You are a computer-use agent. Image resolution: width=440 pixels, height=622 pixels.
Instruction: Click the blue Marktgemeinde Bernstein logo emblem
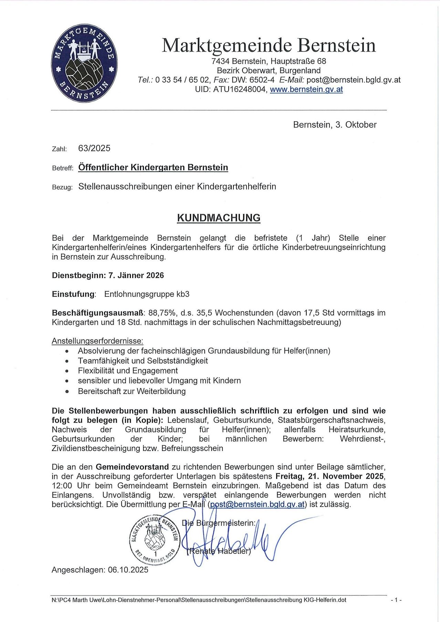84,63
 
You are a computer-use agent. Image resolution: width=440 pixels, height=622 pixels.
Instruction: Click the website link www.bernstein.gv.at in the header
306,89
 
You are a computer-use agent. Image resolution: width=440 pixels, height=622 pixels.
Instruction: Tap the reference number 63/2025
94,148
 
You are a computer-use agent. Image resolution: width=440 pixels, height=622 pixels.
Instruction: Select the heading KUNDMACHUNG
219,218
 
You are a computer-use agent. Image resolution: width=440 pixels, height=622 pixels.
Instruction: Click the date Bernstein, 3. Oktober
335,125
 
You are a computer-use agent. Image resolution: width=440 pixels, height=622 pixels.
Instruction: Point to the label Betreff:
62,168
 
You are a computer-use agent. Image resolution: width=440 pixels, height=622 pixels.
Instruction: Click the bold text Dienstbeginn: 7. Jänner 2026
108,275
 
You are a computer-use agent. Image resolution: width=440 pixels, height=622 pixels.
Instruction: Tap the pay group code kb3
183,294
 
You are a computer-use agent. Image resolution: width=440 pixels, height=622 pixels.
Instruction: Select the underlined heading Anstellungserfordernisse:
97,341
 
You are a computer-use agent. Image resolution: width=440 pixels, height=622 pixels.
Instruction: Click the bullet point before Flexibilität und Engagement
67,371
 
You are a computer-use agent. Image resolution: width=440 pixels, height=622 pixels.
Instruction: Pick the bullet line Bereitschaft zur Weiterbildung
132,391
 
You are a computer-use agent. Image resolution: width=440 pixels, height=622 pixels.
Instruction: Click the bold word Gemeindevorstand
132,467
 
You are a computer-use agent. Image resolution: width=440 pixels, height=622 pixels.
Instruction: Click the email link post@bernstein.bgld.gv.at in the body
257,505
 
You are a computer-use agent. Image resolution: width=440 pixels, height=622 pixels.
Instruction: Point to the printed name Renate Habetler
219,551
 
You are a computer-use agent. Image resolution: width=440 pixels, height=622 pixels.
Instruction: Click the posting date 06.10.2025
128,570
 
